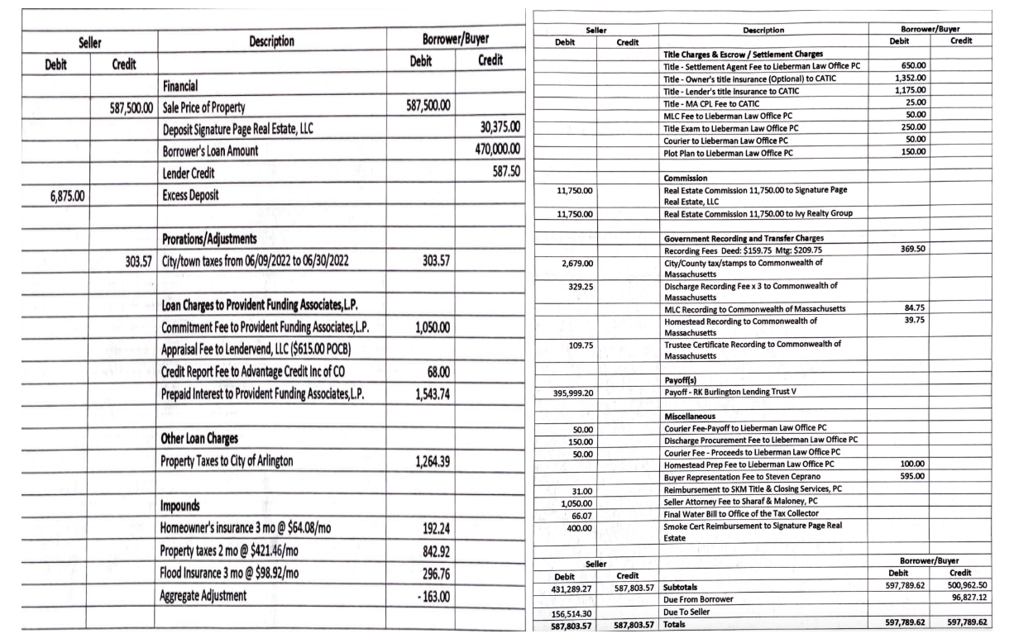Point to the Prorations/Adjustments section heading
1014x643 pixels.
[x=221, y=241]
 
